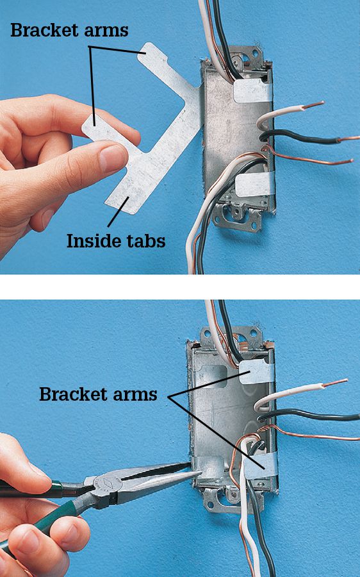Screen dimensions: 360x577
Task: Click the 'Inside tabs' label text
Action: [116, 241]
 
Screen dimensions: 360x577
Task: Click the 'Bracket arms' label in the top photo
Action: [69, 30]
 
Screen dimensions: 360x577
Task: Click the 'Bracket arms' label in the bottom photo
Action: [98, 394]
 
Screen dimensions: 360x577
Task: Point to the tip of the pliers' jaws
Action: [199, 472]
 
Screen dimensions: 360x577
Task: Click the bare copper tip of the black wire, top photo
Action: [348, 138]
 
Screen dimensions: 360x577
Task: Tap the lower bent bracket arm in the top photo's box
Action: [254, 185]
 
